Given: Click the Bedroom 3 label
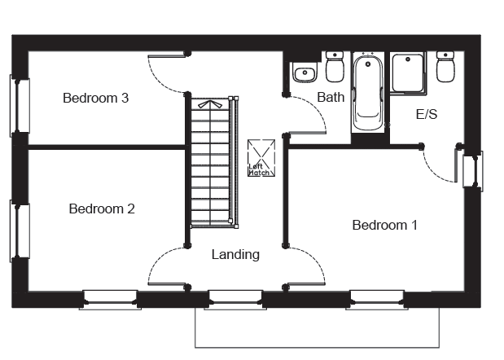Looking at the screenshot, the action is pos(96,98).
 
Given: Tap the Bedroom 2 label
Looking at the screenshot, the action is pos(102,209).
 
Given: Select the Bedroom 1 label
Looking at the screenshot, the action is pos(385,225).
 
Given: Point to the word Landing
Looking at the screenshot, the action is pos(235,255).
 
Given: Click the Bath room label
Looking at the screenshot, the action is pos(331,97).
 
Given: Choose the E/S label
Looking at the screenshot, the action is pos(427,114).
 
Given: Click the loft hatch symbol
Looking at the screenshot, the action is pos(261,158).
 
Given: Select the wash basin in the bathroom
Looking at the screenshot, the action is pos(305,72).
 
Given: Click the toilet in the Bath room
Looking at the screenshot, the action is pos(335,67).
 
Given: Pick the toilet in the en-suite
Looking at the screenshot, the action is pos(445,67).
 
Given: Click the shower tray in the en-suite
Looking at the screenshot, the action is pos(408,73).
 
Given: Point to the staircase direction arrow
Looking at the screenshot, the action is pos(210,104).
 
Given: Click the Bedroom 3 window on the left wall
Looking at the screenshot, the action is pos(20,106).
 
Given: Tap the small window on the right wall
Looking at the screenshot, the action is pos(473,169).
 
